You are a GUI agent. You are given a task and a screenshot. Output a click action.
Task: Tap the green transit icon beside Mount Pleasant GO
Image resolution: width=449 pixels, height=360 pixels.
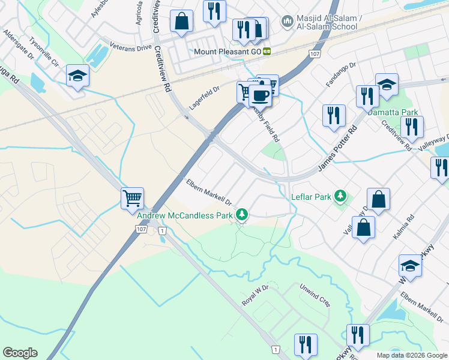pyautogui.click(x=267, y=52)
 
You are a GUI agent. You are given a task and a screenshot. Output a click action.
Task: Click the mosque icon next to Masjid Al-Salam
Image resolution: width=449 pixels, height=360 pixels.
pyautogui.click(x=287, y=22)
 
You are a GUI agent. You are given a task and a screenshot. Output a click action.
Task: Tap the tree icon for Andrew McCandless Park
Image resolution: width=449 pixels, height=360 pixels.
pyautogui.click(x=241, y=214)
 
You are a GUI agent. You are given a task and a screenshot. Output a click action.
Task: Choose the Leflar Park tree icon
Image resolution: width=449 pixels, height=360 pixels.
pyautogui.click(x=340, y=196)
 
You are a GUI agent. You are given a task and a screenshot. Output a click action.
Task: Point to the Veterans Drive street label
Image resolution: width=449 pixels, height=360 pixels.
pyautogui.click(x=131, y=46)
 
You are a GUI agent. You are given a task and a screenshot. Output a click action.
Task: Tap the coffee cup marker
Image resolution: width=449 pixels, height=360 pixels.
pyautogui.click(x=260, y=95)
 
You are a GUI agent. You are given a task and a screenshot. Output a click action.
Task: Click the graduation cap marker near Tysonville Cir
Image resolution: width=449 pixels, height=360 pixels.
pyautogui.click(x=78, y=76)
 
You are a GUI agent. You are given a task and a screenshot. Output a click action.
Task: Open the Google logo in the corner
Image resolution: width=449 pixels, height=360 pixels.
pyautogui.click(x=20, y=353)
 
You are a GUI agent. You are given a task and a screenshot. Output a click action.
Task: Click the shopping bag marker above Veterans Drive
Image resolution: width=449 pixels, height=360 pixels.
pyautogui.click(x=181, y=23)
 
